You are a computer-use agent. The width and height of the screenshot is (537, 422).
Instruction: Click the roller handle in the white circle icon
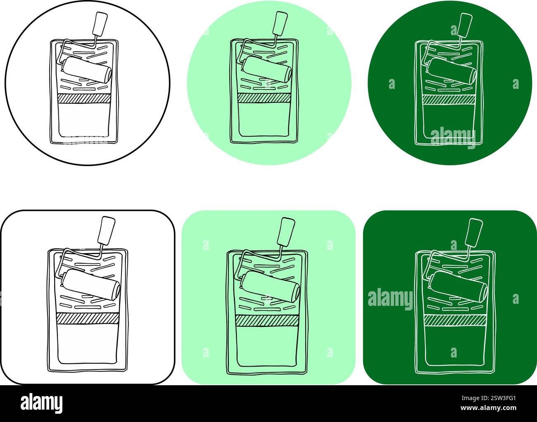point(100,24)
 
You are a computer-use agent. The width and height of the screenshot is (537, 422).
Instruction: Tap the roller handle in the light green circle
point(280,23)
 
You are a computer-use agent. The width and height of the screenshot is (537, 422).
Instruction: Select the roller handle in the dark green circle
point(464,24)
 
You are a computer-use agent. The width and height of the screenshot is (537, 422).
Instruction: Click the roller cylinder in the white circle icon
point(87,69)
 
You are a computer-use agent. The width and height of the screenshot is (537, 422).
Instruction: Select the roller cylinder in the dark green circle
point(451,70)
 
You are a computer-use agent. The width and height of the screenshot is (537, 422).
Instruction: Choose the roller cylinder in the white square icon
point(91,284)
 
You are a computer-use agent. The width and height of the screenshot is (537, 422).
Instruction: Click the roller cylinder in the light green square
point(271,286)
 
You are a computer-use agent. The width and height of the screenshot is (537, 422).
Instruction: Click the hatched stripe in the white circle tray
point(84,98)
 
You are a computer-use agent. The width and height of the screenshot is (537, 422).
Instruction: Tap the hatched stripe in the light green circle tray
point(264,98)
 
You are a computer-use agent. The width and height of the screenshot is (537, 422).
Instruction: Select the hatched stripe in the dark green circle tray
point(449,100)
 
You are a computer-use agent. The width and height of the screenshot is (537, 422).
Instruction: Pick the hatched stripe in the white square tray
point(87,318)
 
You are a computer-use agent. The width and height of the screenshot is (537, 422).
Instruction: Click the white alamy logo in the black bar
point(42,403)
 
